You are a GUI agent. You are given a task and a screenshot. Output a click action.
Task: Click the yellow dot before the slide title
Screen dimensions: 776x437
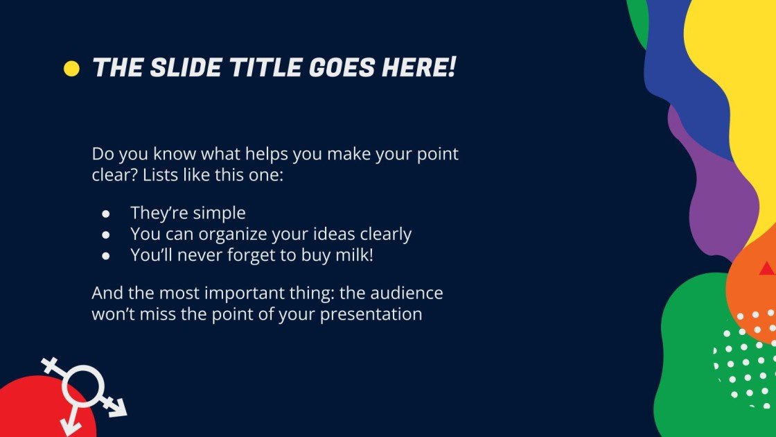(x=71, y=69)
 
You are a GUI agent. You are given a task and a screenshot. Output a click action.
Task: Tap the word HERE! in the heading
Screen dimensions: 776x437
(x=418, y=67)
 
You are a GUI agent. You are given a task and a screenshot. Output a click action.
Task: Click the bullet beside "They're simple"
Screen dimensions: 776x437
(x=105, y=214)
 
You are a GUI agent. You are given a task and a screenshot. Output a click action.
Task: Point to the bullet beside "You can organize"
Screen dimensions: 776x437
(x=105, y=235)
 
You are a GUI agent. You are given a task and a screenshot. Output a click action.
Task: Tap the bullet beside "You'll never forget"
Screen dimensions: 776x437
(x=105, y=256)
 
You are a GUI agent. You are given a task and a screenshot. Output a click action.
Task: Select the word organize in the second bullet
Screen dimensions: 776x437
(x=233, y=234)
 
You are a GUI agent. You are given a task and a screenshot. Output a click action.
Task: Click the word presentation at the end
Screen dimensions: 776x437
(x=371, y=315)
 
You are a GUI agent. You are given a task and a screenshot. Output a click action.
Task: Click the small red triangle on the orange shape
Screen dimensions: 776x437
(x=767, y=269)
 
